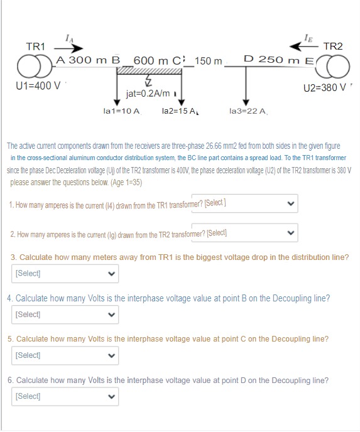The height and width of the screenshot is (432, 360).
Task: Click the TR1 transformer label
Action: (35, 46)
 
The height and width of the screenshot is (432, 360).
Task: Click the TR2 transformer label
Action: (332, 46)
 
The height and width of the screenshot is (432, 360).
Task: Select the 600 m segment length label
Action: (153, 60)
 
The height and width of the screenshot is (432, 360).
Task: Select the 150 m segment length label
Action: (209, 61)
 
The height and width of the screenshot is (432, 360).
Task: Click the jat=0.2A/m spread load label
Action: (148, 94)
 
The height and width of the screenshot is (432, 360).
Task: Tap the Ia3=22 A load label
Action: (249, 111)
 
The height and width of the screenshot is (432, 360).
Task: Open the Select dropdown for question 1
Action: (244, 203)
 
